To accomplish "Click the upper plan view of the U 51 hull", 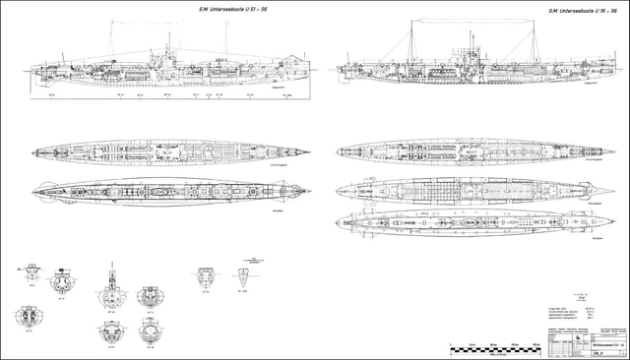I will (167, 152).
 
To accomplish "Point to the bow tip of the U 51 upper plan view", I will (311, 152).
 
